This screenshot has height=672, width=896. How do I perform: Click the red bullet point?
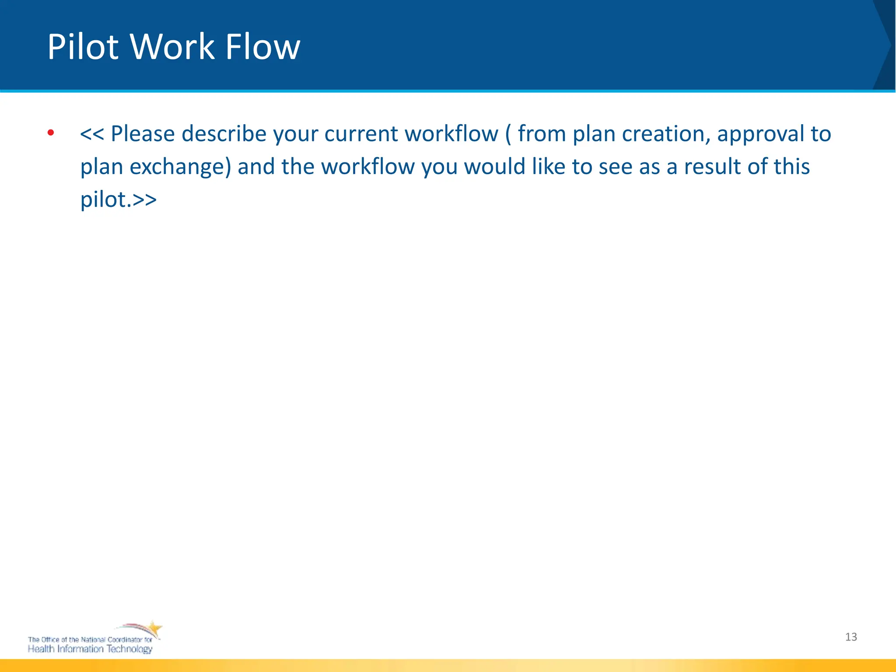click(x=51, y=133)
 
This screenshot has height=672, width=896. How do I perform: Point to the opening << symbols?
click(x=92, y=134)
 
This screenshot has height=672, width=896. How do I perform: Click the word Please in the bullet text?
click(x=143, y=134)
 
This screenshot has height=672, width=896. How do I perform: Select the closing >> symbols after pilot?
click(x=144, y=200)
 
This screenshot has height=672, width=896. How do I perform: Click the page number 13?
click(x=851, y=637)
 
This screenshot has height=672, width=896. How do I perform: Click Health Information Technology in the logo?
click(x=90, y=649)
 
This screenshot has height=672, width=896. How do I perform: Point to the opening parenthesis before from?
click(x=508, y=134)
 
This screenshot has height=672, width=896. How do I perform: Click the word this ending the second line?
click(x=792, y=167)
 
